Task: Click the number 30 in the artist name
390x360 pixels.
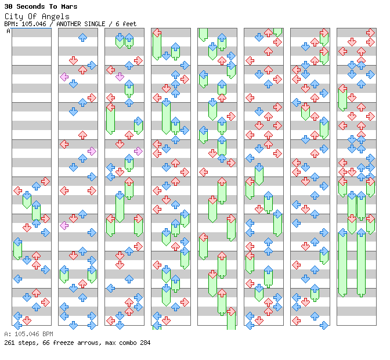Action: tap(8, 7)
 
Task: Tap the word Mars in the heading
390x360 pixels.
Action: tap(68, 7)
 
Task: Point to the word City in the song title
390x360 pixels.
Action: tap(21, 16)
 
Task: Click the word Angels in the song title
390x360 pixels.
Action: tap(56, 16)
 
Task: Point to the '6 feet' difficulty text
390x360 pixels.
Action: tap(126, 24)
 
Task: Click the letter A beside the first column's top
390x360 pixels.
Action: tap(9, 31)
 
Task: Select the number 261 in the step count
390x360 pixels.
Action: tap(9, 343)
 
